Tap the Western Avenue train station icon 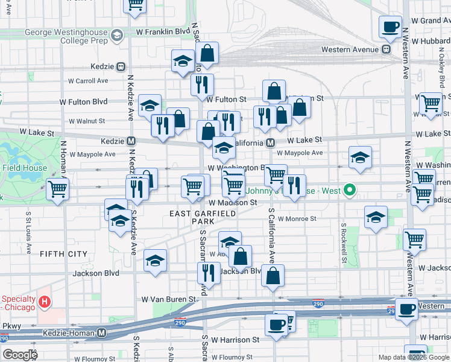385,49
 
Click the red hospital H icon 44,300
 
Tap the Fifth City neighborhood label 63,254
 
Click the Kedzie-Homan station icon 102,332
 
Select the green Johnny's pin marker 348,191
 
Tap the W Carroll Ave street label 88,80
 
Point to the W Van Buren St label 168,299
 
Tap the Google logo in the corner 19,355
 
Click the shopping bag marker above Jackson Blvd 240,256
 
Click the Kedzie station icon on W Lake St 131,141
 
